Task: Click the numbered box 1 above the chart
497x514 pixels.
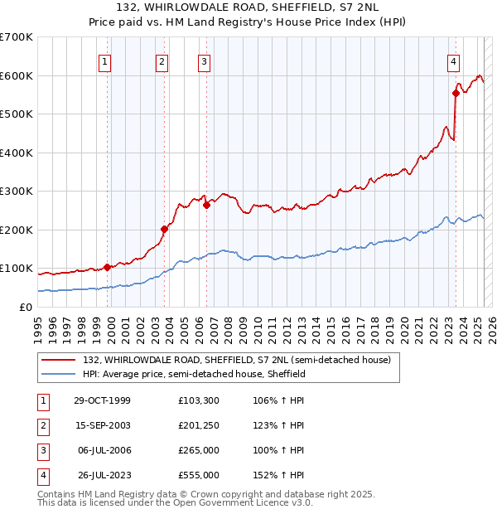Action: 106,61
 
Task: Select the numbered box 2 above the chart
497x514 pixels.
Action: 162,61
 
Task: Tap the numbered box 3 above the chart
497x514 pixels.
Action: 204,61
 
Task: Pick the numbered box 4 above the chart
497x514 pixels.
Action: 454,61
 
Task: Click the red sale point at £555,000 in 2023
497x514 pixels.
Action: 456,94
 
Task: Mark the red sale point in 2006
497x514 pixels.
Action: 206,205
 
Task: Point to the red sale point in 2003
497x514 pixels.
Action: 164,230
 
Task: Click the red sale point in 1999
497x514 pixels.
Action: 107,267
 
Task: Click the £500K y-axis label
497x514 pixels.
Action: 18,114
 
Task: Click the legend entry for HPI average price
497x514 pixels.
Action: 194,374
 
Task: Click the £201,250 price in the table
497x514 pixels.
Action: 198,425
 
